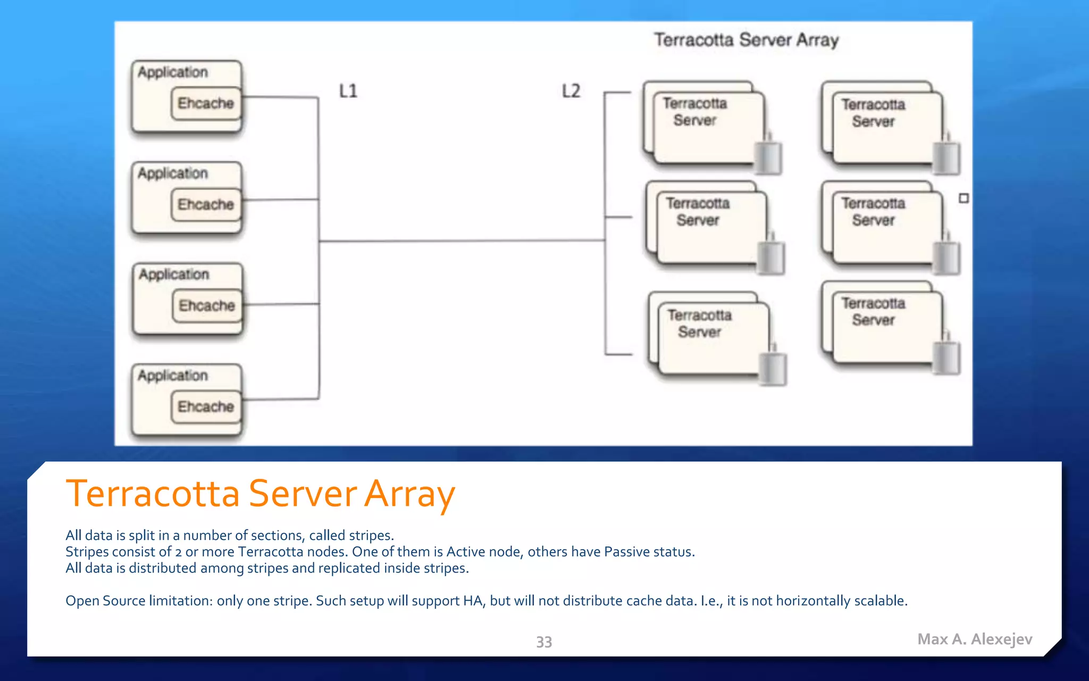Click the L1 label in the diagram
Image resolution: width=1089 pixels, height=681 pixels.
[x=348, y=91]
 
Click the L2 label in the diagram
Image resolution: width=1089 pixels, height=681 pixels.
[x=571, y=91]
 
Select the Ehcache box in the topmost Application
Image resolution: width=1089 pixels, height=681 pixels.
[x=206, y=103]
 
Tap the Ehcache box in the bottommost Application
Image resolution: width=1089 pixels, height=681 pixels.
[x=206, y=406]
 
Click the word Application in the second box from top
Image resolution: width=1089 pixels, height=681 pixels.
[x=173, y=173]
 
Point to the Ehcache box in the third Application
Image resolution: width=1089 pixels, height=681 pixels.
[x=207, y=305]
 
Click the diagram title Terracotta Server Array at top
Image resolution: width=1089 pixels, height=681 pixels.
[x=746, y=40]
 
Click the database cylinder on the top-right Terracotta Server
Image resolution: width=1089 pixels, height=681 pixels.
[x=946, y=157]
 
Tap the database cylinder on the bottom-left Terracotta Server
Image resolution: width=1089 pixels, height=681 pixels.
[x=773, y=367]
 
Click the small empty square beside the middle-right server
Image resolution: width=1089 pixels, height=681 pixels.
[x=964, y=198]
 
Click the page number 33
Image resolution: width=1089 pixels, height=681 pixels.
[x=544, y=642]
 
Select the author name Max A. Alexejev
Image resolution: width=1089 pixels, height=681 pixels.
[x=975, y=639]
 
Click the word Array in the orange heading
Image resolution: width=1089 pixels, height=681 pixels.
[x=409, y=494]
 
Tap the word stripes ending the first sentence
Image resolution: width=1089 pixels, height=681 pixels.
[x=370, y=535]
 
